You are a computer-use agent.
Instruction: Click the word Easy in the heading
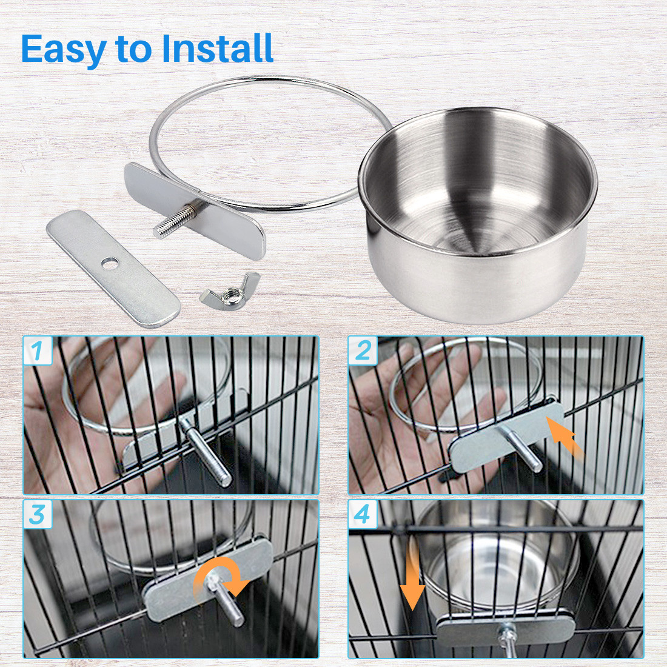coord(62,50)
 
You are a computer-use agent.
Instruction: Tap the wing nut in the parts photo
coord(230,290)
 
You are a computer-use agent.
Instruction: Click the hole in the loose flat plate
coord(109,264)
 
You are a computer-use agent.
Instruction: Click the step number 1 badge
coord(38,351)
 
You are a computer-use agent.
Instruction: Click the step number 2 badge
coord(363,351)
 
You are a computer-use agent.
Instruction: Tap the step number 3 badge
coord(38,515)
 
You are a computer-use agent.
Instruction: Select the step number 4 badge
coord(363,515)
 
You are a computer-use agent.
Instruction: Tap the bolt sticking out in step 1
coord(206,451)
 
